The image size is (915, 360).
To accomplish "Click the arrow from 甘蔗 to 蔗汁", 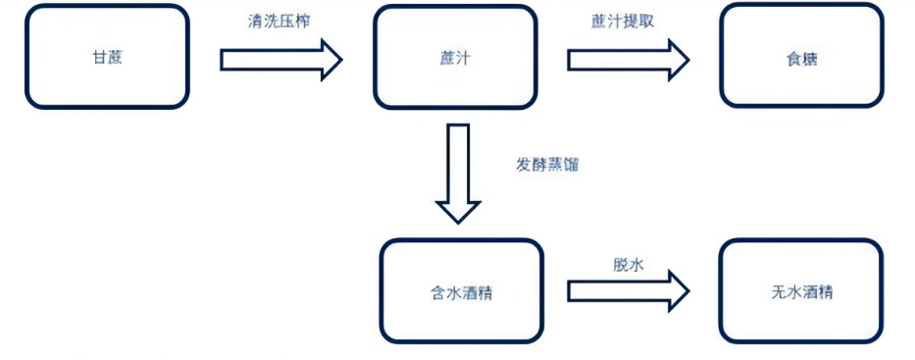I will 280,60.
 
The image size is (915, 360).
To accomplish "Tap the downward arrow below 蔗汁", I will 458,172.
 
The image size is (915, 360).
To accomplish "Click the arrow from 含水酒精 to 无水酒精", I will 628,291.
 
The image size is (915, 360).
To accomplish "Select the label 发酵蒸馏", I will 547,165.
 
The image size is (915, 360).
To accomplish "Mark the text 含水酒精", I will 461,292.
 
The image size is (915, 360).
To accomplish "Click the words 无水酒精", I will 801,292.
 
